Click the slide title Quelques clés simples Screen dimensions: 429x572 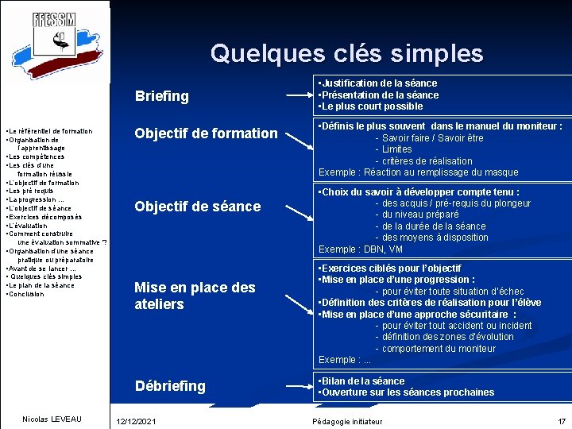tap(346, 53)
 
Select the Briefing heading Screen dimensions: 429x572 tap(162, 96)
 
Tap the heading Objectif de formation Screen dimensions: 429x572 tap(206, 133)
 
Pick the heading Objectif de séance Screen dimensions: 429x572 tap(197, 207)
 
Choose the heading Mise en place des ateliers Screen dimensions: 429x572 tap(195, 296)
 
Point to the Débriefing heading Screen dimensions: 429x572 tap(170, 386)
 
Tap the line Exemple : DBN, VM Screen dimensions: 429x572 tap(361, 249)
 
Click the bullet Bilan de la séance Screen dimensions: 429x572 tap(363, 381)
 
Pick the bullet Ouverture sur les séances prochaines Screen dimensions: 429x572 tap(408, 392)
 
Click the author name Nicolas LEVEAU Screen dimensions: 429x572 tap(52, 419)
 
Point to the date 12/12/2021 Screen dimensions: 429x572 tap(136, 421)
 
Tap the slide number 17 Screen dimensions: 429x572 tap(561, 421)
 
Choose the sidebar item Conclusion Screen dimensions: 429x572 tap(26, 294)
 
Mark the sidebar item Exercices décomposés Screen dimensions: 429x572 tap(44, 217)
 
